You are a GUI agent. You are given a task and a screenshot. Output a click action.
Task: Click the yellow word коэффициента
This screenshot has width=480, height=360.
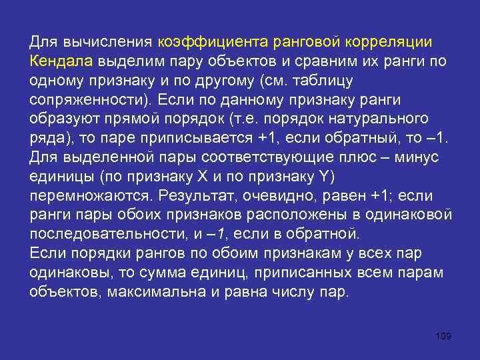click(213, 42)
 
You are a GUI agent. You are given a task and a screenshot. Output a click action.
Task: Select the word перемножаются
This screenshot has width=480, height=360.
click(86, 197)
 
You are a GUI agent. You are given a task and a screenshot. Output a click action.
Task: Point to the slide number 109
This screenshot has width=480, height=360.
click(442, 336)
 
